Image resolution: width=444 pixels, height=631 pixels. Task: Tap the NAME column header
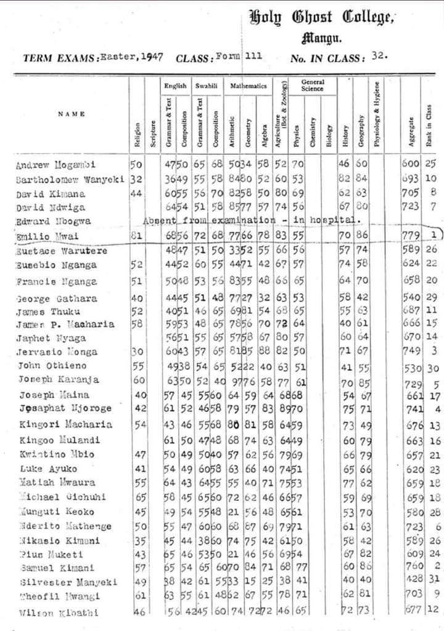[72, 113]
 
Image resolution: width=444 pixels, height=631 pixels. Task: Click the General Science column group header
[312, 86]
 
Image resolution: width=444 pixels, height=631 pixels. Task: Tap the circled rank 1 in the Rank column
[434, 235]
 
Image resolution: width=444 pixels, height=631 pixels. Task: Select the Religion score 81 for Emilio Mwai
[137, 235]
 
